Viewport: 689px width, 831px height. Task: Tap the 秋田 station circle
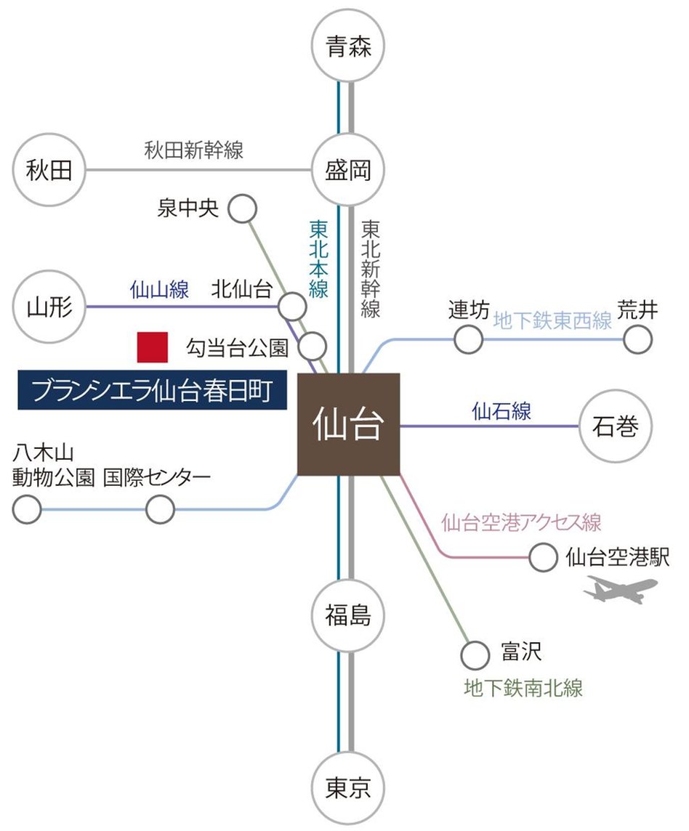[x=49, y=171]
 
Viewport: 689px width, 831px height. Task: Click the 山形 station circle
[x=49, y=307]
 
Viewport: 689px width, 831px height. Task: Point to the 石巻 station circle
[x=616, y=426]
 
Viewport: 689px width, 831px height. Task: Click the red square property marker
[x=153, y=347]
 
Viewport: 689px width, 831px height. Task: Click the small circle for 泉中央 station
[x=243, y=209]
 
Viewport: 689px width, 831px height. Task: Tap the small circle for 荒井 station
[x=638, y=339]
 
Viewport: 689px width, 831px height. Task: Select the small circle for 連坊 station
[x=469, y=339]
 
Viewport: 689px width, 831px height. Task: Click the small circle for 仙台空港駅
[x=543, y=558]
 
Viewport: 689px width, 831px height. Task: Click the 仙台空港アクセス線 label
[x=521, y=522]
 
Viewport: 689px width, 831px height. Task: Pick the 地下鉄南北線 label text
[x=523, y=687]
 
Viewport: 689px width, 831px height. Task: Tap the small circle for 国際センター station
[x=160, y=509]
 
